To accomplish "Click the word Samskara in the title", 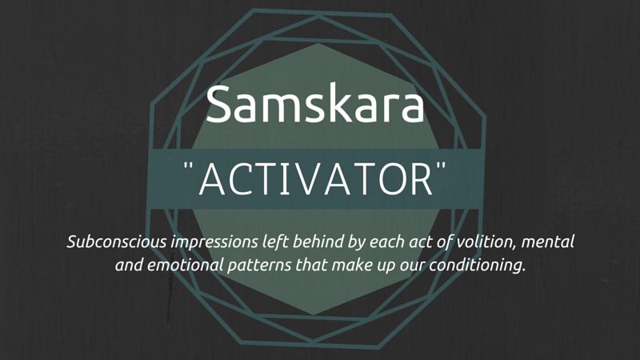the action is (315, 104).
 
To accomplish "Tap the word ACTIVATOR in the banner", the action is (315, 179).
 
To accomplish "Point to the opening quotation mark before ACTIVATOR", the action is (188, 166).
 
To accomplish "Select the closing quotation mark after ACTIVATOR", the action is (442, 166).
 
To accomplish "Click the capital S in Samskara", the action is (219, 104).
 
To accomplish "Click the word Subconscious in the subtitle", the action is (117, 242).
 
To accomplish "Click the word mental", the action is (548, 242).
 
